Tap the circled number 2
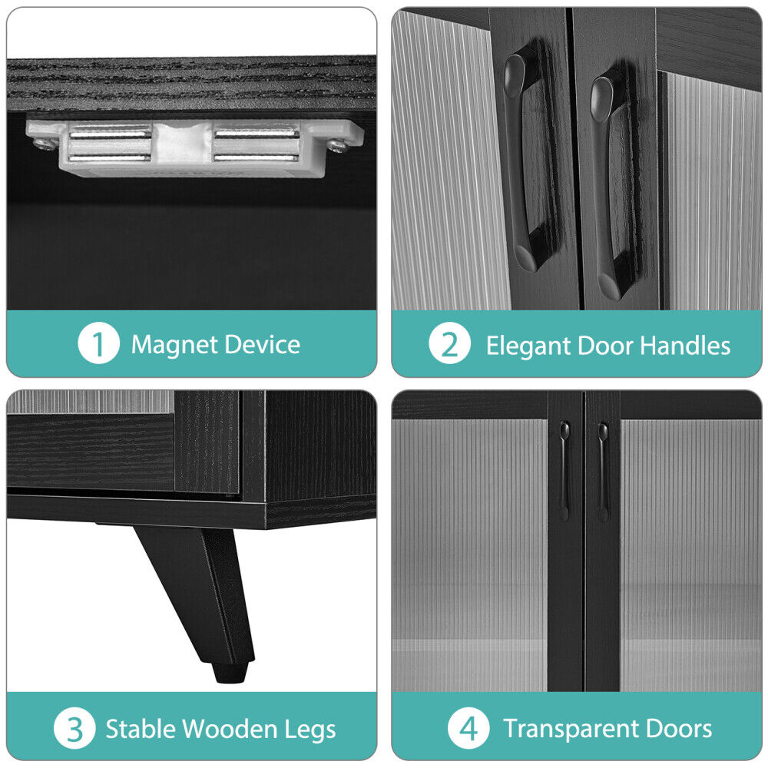click(x=449, y=343)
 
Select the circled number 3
click(x=74, y=728)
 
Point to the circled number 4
click(x=468, y=728)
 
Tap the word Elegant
click(x=528, y=346)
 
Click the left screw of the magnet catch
click(x=42, y=143)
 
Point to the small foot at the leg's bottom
click(x=230, y=672)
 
